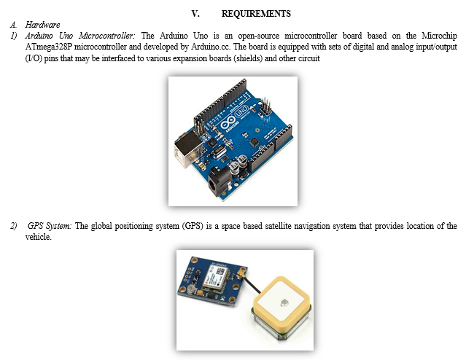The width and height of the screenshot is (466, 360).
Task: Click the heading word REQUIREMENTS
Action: (x=255, y=14)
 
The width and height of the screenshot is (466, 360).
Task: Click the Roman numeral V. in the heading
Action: (x=195, y=14)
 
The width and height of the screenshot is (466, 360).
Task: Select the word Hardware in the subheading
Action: (x=42, y=25)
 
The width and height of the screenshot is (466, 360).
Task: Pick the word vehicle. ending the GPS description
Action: (x=39, y=237)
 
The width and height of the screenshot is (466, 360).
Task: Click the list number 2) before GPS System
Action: (x=13, y=226)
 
